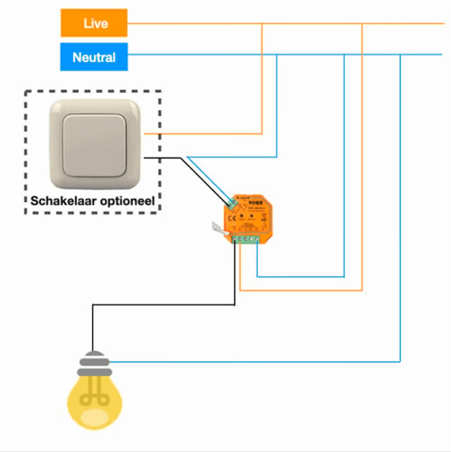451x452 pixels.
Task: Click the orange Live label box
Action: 94,23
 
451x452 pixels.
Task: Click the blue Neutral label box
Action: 94,57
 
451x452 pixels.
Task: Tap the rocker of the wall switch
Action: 94,145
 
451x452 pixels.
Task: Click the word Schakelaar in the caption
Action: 62,201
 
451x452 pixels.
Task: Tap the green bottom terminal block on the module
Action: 246,240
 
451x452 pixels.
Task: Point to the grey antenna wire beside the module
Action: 218,228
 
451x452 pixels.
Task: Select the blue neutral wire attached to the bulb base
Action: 254,362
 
